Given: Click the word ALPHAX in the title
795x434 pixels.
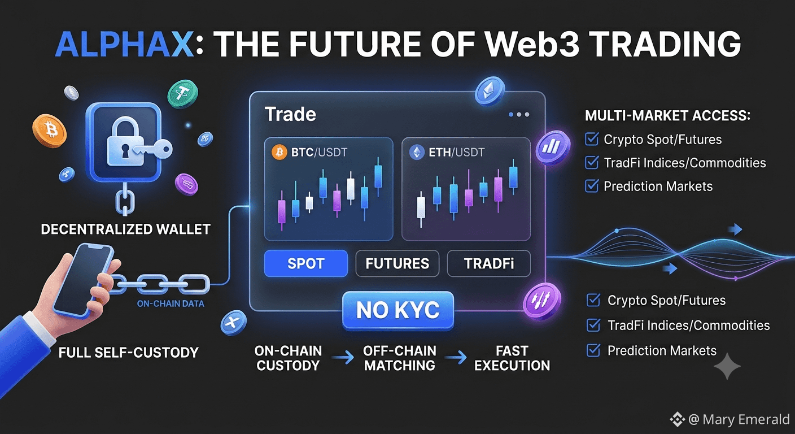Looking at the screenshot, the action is tap(124, 45).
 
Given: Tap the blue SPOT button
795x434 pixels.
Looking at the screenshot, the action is tap(305, 263).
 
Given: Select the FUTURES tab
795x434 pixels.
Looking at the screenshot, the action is tap(397, 263).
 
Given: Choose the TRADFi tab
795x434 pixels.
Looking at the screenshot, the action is tap(489, 263).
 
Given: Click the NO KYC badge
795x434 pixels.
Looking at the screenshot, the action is tap(398, 310).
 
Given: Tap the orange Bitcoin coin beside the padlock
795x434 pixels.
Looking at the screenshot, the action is tap(50, 131).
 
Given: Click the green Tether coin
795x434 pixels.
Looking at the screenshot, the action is tap(183, 94).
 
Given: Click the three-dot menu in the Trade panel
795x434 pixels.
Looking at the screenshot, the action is tap(518, 114).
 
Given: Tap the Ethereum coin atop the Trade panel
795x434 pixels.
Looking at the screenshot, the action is tap(490, 91).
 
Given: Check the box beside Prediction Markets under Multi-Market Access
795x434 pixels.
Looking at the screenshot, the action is tap(592, 186).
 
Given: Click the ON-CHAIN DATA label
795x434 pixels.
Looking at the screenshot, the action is tap(171, 303).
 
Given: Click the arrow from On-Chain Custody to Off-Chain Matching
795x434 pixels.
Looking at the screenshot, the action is tap(343, 358).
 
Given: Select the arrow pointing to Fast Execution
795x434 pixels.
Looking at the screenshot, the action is tap(456, 358).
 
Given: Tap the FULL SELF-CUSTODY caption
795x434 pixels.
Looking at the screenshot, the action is tap(129, 353).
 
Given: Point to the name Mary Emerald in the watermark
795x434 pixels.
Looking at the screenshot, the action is tap(746, 419).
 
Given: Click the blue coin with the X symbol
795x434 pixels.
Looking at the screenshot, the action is tap(233, 322).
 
